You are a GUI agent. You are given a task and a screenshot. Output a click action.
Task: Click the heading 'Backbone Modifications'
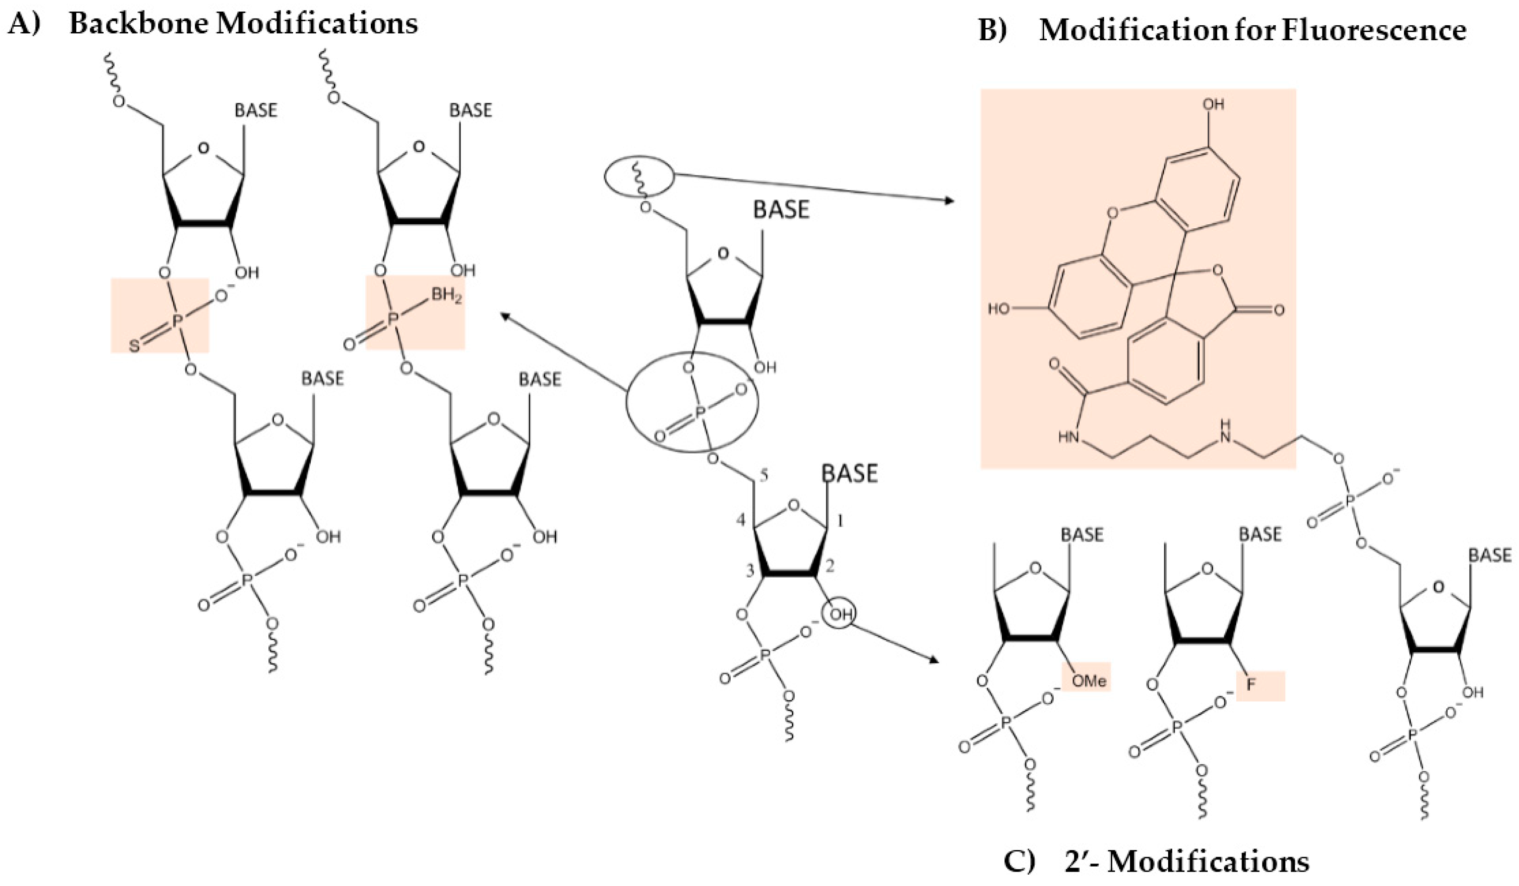tap(243, 23)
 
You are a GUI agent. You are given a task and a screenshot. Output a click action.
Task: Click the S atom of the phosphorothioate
tap(135, 346)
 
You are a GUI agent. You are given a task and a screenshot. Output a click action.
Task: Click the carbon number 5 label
tap(763, 476)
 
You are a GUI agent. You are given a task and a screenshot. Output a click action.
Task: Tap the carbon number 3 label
tap(750, 571)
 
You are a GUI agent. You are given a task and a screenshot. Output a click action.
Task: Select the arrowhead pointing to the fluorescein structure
tap(949, 201)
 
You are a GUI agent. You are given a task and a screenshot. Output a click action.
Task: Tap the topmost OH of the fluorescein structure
tap(1213, 104)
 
